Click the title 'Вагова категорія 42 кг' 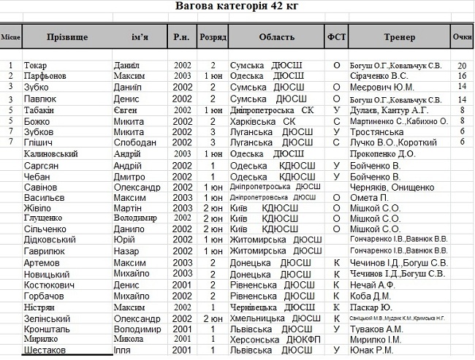click(237, 7)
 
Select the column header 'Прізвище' click(66, 37)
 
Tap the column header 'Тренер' click(398, 37)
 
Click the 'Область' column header click(277, 37)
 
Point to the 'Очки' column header click(462, 37)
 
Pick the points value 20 click(462, 66)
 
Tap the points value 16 click(462, 76)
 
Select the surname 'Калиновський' click(54, 154)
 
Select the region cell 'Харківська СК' click(263, 120)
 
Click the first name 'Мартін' click(129, 208)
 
